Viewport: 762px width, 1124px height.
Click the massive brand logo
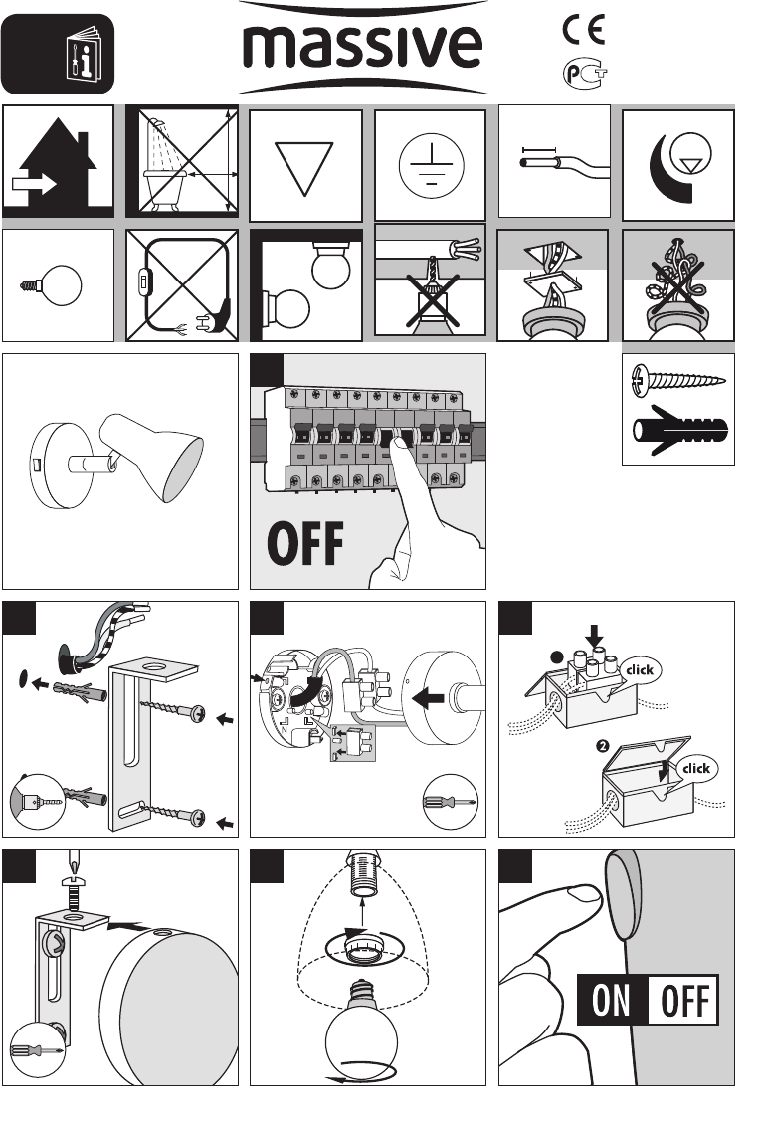click(x=363, y=48)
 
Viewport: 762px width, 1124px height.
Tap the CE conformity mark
click(x=584, y=30)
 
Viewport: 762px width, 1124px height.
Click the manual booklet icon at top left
click(x=84, y=55)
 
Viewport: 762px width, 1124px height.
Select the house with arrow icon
click(x=58, y=162)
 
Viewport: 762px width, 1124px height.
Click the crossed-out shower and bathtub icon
click(x=183, y=161)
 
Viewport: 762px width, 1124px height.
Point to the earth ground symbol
click(x=432, y=166)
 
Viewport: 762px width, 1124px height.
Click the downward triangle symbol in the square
click(x=304, y=168)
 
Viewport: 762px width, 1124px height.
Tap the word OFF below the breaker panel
click(x=304, y=544)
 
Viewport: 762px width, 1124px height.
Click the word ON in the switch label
click(x=612, y=1000)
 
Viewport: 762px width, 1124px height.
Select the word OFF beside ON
click(x=684, y=1000)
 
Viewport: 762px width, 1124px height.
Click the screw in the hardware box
click(x=676, y=378)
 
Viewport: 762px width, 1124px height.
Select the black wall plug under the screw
click(x=680, y=431)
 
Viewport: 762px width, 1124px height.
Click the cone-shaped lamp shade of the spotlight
click(x=152, y=456)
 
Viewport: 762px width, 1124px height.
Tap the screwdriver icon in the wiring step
click(x=451, y=802)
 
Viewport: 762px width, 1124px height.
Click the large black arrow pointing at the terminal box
click(x=430, y=697)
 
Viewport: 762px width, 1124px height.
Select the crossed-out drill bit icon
click(x=434, y=296)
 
